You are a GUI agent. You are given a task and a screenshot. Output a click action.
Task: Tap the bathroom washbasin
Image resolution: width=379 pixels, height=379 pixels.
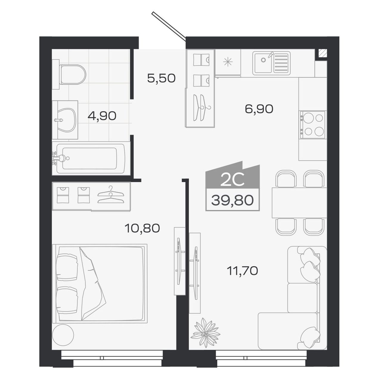(66, 120)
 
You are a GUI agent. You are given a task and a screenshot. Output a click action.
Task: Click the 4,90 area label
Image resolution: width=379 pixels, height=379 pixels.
(102, 116)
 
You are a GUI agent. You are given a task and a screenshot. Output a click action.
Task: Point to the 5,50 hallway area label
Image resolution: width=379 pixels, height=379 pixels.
(161, 78)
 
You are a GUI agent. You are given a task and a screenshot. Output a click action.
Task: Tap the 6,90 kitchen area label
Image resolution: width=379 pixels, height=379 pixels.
(259, 109)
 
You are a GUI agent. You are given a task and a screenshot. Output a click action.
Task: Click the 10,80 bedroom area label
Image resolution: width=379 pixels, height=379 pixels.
(142, 228)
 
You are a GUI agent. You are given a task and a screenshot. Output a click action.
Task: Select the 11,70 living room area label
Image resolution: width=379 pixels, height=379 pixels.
(242, 271)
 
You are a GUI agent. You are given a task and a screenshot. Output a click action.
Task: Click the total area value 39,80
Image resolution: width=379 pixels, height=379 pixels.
(232, 201)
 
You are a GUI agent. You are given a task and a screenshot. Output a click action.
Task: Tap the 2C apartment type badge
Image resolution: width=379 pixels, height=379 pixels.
(232, 180)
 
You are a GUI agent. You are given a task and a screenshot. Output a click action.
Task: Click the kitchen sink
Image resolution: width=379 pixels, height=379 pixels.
(271, 63)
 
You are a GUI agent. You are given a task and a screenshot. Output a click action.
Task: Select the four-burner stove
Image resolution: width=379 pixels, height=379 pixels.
(312, 125)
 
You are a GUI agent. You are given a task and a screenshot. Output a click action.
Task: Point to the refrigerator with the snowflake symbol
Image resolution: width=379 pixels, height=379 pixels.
(228, 62)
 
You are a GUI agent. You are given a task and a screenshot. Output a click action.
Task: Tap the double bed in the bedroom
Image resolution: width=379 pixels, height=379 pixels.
(100, 283)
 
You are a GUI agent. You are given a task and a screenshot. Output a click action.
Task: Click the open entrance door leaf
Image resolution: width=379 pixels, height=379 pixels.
(169, 26)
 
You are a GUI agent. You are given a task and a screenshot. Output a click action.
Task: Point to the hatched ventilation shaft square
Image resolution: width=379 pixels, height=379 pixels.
(322, 53)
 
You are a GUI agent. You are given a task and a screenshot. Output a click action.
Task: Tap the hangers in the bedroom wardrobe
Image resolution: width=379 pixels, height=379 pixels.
(111, 195)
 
